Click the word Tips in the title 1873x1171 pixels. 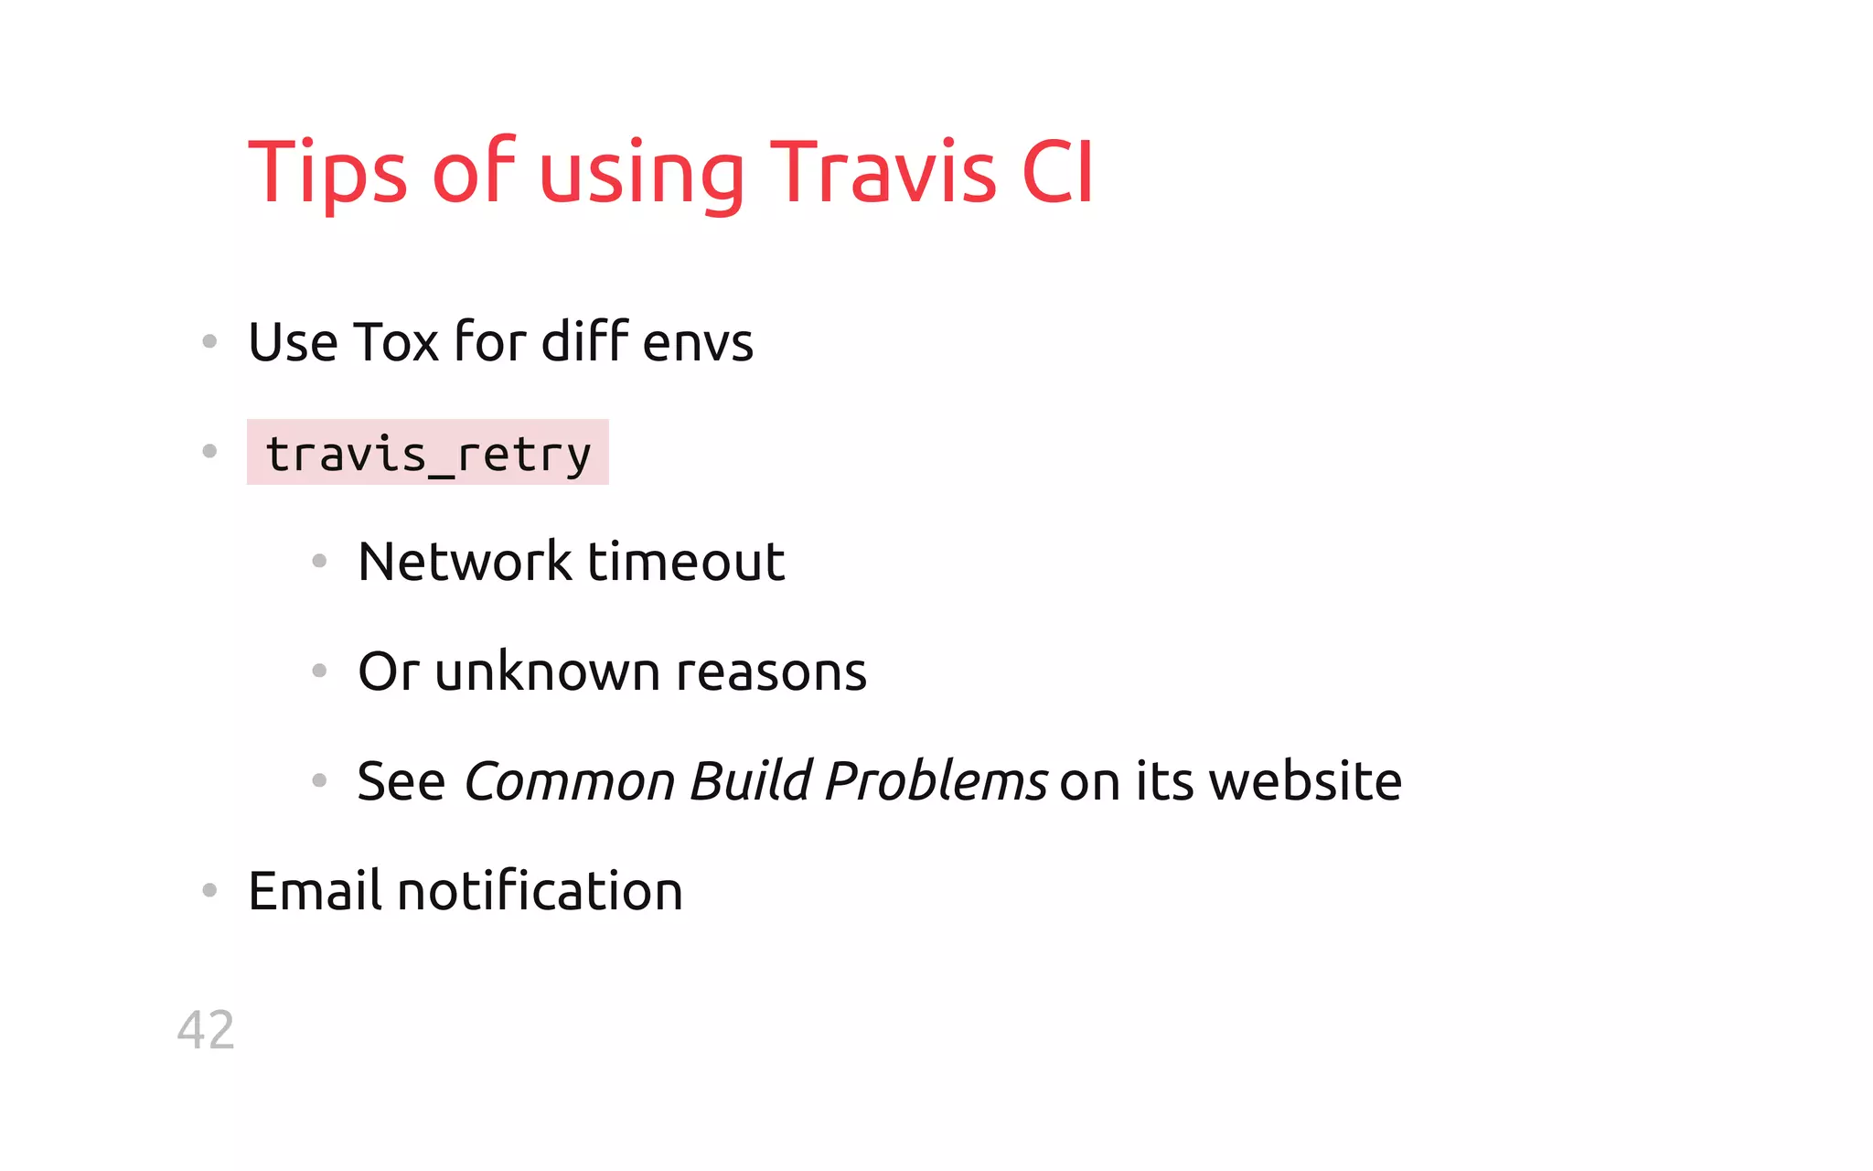pos(327,174)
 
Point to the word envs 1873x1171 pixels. pos(698,344)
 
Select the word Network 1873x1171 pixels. pos(465,561)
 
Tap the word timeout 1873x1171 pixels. pos(686,561)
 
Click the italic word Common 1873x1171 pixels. pos(569,781)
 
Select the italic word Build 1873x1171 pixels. pos(750,780)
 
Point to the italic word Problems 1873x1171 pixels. pos(935,781)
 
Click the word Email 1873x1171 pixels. pos(315,891)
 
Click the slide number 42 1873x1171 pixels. pos(206,1030)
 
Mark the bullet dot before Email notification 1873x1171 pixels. pos(209,890)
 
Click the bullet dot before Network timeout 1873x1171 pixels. pos(319,561)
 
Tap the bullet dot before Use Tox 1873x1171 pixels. pos(209,342)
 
